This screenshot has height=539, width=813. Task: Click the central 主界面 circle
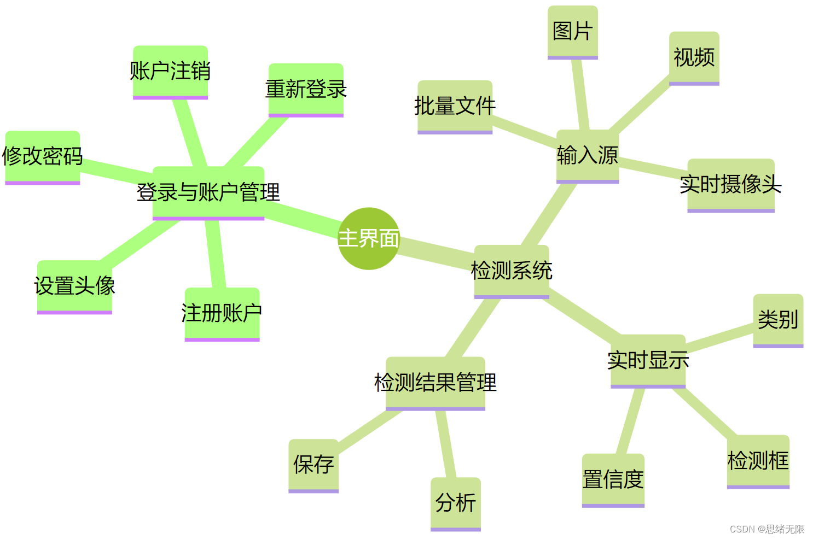click(x=369, y=238)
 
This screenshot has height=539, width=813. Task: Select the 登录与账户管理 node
click(x=208, y=192)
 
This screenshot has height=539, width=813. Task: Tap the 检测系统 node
click(x=512, y=271)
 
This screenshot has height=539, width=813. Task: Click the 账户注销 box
click(x=170, y=72)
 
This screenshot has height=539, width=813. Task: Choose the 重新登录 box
click(x=306, y=90)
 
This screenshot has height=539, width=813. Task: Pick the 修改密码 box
click(x=43, y=157)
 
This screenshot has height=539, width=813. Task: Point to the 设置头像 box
click(x=74, y=286)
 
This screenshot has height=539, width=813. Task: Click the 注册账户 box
click(x=222, y=314)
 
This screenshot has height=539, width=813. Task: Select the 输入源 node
click(x=588, y=156)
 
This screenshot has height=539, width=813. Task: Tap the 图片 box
click(x=572, y=32)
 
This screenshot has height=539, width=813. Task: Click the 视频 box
click(x=694, y=57)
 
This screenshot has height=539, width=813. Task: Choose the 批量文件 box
click(x=455, y=107)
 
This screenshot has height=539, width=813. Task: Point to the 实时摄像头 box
click(x=730, y=185)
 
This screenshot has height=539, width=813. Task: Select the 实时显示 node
click(x=648, y=361)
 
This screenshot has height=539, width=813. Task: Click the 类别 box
click(x=778, y=320)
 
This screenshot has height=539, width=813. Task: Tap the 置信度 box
click(x=613, y=480)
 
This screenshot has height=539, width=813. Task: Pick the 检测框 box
click(x=758, y=461)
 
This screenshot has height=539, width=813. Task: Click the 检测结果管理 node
click(x=435, y=383)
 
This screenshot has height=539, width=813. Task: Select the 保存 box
click(x=313, y=465)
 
